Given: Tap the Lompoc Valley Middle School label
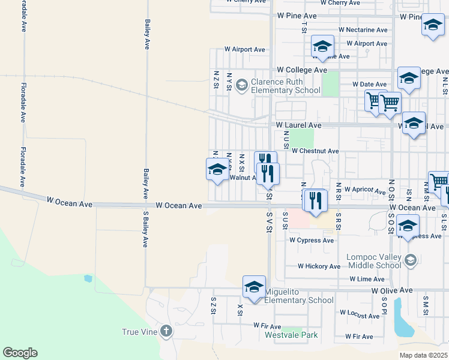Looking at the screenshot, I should point(373,261).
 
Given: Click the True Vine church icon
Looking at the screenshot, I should point(166,331).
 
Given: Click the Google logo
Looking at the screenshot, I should point(20,353).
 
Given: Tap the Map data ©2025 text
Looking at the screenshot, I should point(423,355).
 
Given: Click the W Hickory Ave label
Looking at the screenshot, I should point(319,266).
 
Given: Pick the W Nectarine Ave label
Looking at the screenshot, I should point(363,29).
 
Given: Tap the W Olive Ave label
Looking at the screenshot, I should point(392,290).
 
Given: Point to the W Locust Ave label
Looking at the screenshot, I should point(361,313).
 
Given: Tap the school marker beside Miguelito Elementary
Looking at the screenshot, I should point(254,287).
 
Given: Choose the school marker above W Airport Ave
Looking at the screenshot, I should point(322,46).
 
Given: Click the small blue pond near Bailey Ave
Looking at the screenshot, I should point(89,278).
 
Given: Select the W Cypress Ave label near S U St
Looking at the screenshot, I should point(311,240).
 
